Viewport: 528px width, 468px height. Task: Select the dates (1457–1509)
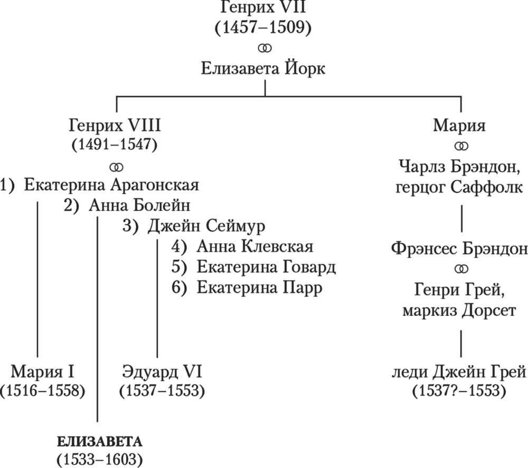[x=263, y=28]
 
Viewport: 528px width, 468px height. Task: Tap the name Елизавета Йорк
[x=263, y=69]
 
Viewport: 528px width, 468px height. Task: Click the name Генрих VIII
[x=115, y=126]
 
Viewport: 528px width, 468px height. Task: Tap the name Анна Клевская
[x=254, y=246]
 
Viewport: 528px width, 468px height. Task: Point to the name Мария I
[x=43, y=372]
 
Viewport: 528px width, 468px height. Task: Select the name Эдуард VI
[x=162, y=372]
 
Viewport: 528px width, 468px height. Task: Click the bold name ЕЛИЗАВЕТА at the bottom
[x=99, y=441]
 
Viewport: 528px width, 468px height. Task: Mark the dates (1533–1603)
[x=99, y=459]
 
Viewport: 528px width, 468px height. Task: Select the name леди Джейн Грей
[x=459, y=372]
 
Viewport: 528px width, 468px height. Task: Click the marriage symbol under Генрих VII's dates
[x=263, y=48]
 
